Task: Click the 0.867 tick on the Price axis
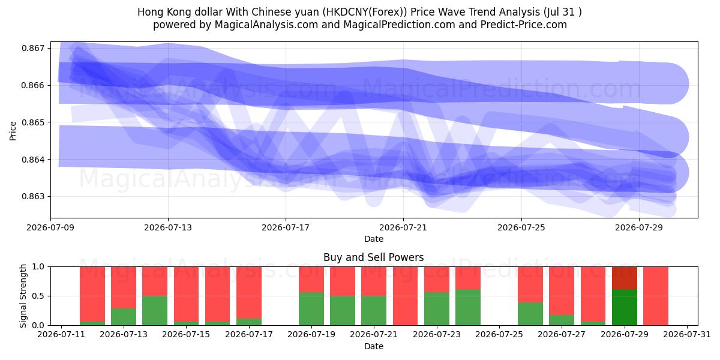(34, 48)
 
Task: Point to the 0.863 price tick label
(34, 196)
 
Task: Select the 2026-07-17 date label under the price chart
(286, 227)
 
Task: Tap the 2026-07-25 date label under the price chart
(521, 227)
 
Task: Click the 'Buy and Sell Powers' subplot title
(373, 257)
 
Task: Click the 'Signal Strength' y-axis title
(23, 296)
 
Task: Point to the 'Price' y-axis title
(13, 131)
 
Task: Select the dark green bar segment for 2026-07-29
(624, 307)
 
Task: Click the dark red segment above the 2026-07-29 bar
(624, 278)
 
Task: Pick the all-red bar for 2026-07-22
(405, 296)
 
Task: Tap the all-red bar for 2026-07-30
(656, 296)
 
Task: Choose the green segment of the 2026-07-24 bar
(468, 307)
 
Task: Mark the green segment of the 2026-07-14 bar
(155, 311)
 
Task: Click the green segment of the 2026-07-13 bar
(124, 317)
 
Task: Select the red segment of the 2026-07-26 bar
(530, 284)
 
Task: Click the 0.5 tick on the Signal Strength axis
(38, 296)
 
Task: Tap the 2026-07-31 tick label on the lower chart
(687, 335)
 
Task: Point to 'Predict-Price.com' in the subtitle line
(524, 25)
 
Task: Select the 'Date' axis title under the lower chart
(373, 346)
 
